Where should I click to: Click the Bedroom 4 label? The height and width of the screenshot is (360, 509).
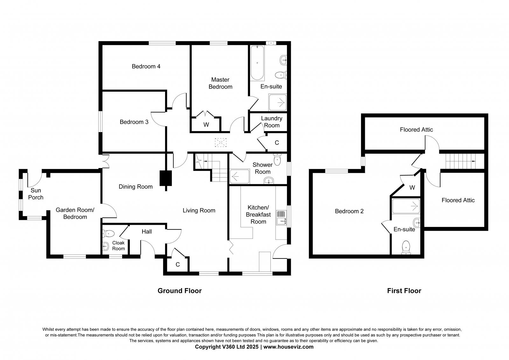coord(146,67)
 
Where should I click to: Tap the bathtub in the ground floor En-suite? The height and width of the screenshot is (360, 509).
coord(257,63)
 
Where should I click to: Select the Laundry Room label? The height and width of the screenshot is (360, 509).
coord(271,122)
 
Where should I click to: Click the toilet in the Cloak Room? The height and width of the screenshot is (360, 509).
coord(108,234)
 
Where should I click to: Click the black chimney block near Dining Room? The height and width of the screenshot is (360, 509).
coord(165,178)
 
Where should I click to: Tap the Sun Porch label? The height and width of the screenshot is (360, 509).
coord(36,194)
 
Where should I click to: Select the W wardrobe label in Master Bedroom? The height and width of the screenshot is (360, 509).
coord(206,125)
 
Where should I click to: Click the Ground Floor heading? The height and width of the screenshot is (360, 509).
coord(179,291)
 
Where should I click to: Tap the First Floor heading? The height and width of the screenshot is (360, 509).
coord(404,291)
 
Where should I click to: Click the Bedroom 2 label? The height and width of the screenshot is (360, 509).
coord(349,211)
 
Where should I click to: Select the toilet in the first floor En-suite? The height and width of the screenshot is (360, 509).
coord(406,247)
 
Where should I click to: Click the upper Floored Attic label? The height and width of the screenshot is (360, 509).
coord(416,130)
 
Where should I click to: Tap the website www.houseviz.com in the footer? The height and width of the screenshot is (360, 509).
coord(288,347)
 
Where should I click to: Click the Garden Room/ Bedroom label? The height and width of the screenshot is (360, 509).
coord(75,213)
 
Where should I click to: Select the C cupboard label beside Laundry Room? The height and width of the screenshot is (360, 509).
coord(276,143)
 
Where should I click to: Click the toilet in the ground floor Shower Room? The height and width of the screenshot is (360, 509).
coord(277,160)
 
